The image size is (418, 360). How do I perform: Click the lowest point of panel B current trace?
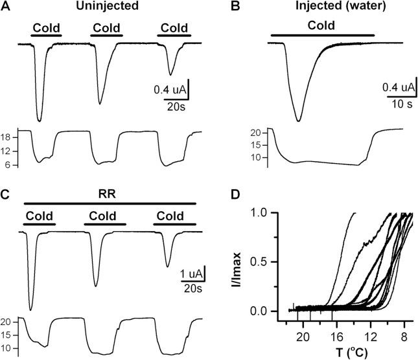298,120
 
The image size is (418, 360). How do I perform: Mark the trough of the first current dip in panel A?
40,121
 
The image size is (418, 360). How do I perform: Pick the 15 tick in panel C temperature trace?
8,335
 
